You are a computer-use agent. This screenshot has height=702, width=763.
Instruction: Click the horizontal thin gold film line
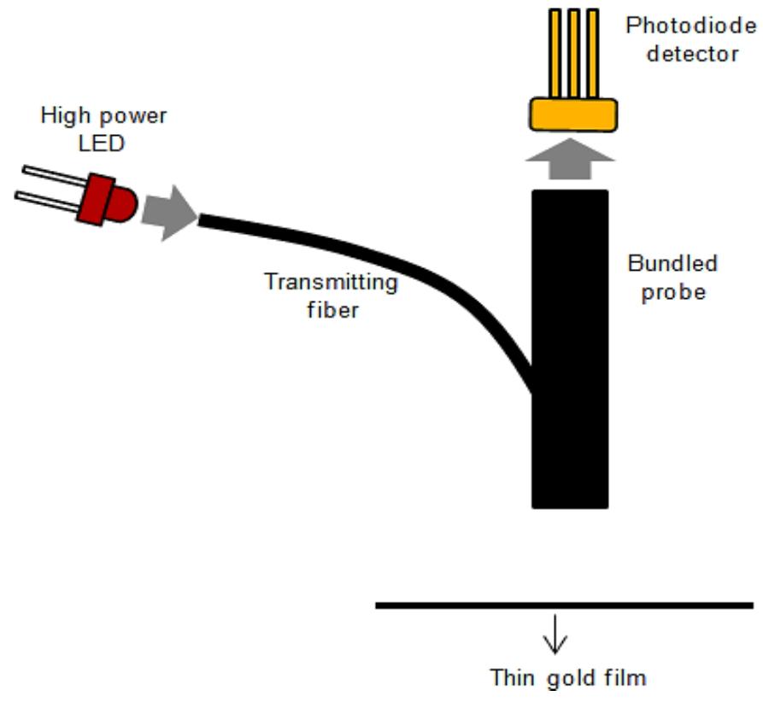[x=564, y=605]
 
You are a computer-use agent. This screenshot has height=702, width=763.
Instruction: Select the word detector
[x=691, y=53]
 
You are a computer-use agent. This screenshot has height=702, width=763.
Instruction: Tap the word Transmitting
[x=331, y=282]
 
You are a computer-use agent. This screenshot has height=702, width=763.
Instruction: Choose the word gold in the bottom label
[x=566, y=679]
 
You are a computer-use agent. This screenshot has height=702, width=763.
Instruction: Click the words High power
[x=103, y=115]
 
